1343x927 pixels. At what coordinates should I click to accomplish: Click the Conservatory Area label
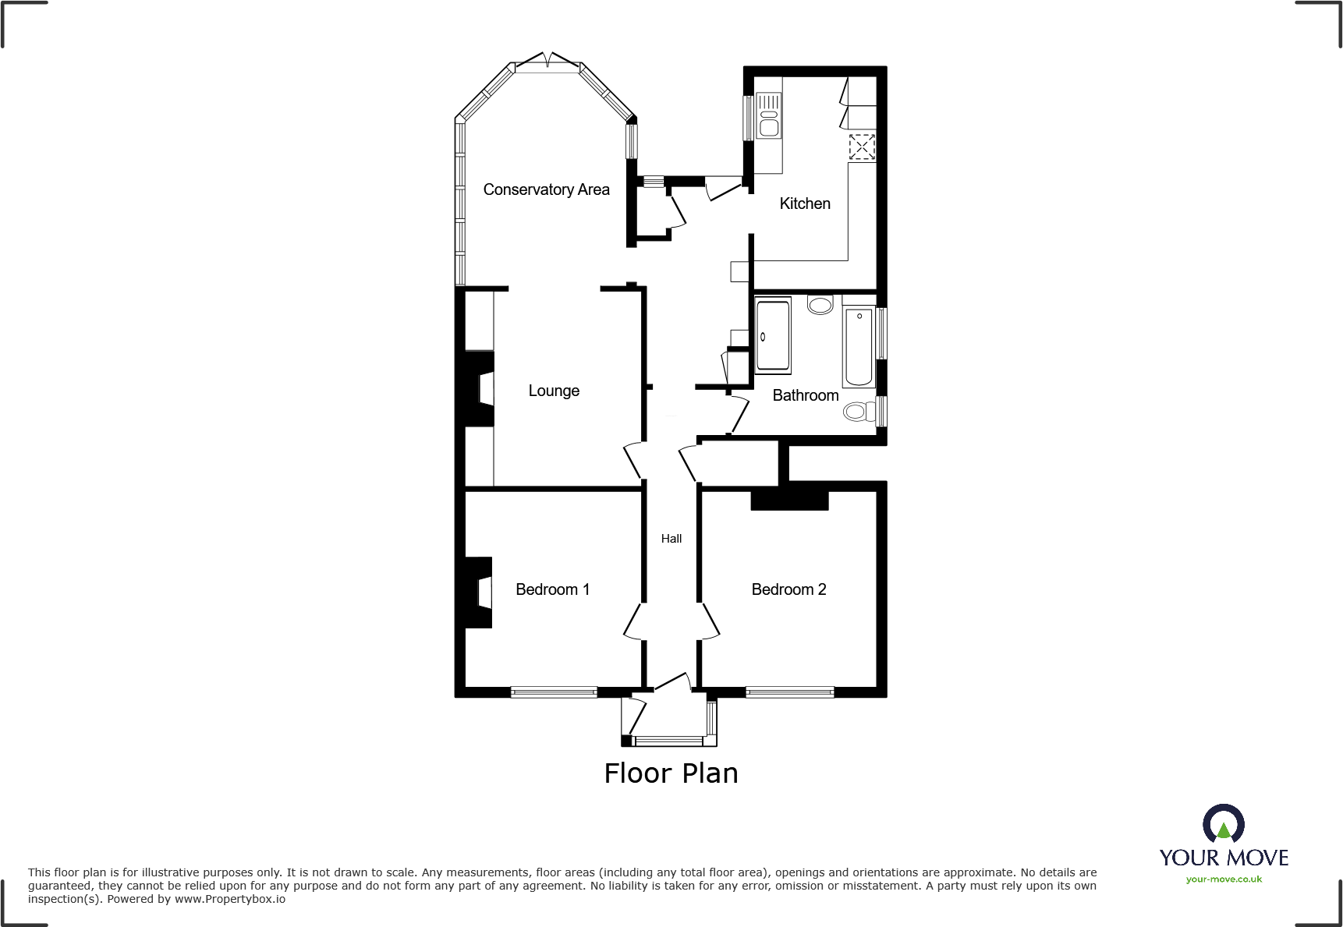546,189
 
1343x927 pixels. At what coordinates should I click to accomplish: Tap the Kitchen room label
805,203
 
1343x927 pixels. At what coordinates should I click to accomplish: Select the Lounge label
554,391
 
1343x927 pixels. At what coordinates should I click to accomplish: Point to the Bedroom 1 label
552,589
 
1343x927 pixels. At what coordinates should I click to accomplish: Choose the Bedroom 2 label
788,589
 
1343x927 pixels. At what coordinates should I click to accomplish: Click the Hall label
671,539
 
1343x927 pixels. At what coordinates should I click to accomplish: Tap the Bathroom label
806,395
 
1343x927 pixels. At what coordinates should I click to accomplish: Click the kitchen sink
769,115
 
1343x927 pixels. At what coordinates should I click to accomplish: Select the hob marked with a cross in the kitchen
862,147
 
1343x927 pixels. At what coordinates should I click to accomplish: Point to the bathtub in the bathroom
859,346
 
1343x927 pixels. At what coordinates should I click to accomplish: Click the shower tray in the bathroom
773,334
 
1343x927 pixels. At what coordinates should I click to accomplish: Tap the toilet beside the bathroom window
859,411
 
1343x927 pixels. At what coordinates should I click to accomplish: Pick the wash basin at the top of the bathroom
820,304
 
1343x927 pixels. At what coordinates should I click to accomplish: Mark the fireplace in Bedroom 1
479,593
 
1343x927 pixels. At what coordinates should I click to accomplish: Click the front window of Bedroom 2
790,692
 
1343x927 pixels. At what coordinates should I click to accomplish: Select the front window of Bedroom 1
554,692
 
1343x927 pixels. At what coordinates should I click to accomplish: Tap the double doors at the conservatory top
548,61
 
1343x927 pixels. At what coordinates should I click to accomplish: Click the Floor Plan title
671,773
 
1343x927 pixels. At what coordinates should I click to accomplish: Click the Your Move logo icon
1224,823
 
